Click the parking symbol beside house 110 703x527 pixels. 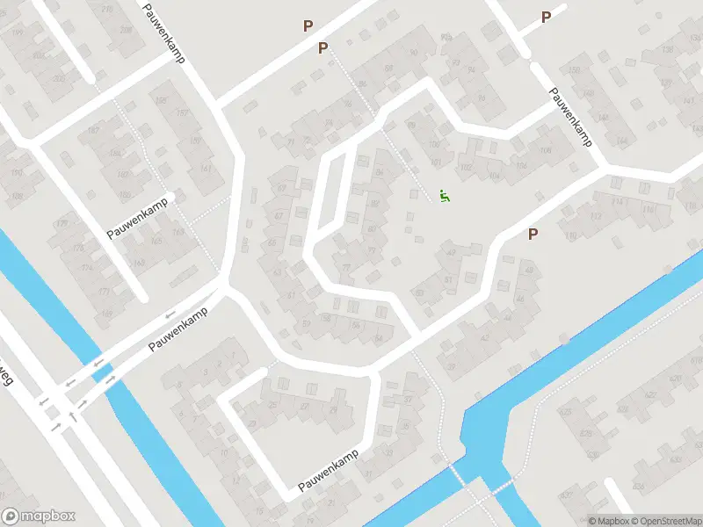click(x=532, y=234)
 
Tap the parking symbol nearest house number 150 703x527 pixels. click(x=546, y=17)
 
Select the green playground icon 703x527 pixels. click(x=445, y=197)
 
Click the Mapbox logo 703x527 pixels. click(x=39, y=516)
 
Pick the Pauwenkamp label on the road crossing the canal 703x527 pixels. click(x=183, y=328)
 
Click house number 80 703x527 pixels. click(x=371, y=230)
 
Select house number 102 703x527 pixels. click(x=466, y=167)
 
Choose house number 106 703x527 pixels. click(x=546, y=150)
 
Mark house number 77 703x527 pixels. click(x=345, y=268)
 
